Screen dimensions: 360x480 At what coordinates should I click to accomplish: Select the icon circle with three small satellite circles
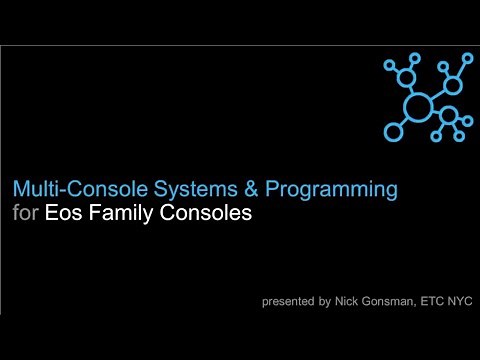(449, 114)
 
